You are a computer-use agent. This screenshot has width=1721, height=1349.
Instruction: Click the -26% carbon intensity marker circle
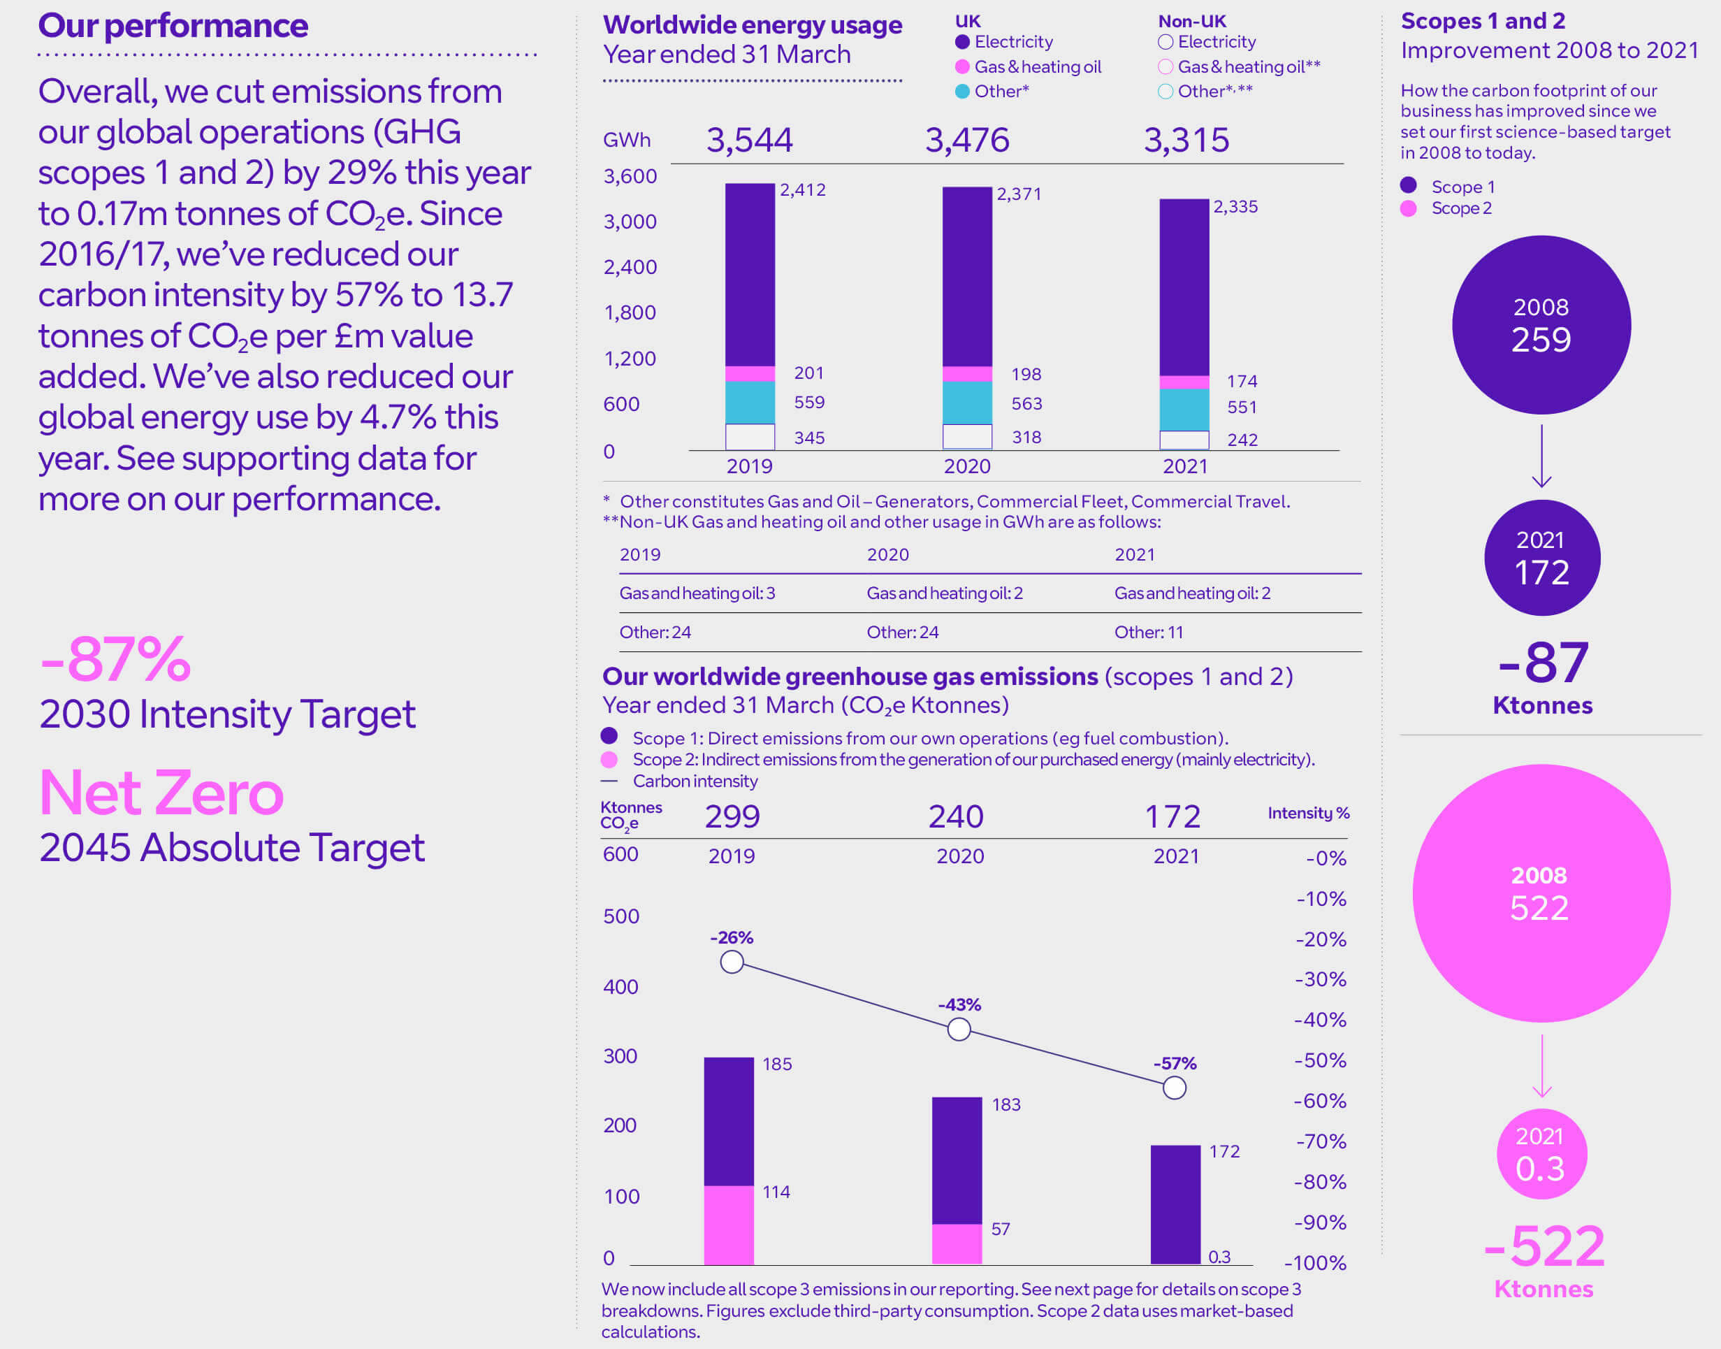pyautogui.click(x=732, y=962)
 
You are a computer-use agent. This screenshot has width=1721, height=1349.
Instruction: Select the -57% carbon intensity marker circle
pyautogui.click(x=1175, y=1088)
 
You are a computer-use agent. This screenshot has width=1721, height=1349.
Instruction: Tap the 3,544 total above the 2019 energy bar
pyautogui.click(x=749, y=140)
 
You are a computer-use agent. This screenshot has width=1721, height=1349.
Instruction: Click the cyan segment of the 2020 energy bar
pyautogui.click(x=967, y=403)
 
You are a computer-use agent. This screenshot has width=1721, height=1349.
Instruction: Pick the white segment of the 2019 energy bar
pyautogui.click(x=750, y=437)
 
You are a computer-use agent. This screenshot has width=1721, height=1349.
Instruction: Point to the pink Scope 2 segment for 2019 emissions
pyautogui.click(x=729, y=1224)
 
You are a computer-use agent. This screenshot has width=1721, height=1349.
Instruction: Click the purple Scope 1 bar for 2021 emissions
pyautogui.click(x=1175, y=1204)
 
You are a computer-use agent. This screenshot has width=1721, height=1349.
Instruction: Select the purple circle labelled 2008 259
pyautogui.click(x=1541, y=324)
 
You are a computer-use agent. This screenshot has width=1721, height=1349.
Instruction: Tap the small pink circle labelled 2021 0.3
pyautogui.click(x=1541, y=1154)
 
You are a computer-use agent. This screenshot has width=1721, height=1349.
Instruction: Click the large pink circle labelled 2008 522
pyautogui.click(x=1541, y=893)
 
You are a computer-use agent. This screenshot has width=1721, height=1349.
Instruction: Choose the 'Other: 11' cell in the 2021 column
pyautogui.click(x=1149, y=632)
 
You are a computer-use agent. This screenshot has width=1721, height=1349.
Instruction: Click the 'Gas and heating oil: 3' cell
pyautogui.click(x=697, y=593)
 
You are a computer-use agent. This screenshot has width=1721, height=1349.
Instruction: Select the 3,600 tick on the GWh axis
pyautogui.click(x=630, y=176)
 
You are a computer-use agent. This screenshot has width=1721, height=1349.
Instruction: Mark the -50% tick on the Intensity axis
pyautogui.click(x=1320, y=1060)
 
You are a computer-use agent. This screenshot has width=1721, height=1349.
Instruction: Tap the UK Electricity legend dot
pyautogui.click(x=962, y=42)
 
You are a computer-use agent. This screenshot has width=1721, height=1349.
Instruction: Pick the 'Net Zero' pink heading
pyautogui.click(x=161, y=792)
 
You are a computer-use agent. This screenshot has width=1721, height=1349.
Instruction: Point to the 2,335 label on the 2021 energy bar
pyautogui.click(x=1235, y=207)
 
